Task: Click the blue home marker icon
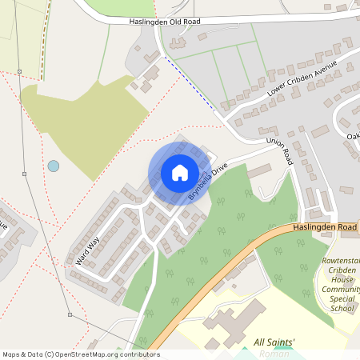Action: pyautogui.click(x=180, y=173)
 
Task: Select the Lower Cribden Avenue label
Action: pyautogui.click(x=303, y=79)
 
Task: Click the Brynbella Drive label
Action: pyautogui.click(x=208, y=182)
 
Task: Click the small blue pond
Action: pyautogui.click(x=53, y=166)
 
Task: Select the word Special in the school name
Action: pyautogui.click(x=341, y=298)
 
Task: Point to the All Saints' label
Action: pyautogui.click(x=274, y=343)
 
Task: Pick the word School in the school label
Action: pyautogui.click(x=341, y=307)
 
